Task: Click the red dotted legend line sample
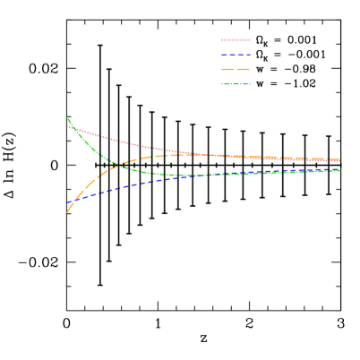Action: pyautogui.click(x=236, y=40)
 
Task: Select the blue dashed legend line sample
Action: pyautogui.click(x=236, y=55)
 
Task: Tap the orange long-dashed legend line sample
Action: pyautogui.click(x=236, y=69)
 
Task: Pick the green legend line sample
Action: pyautogui.click(x=236, y=84)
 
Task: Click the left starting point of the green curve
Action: pyautogui.click(x=67, y=117)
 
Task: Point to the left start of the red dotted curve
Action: pyautogui.click(x=67, y=126)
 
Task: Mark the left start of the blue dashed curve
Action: pyautogui.click(x=68, y=203)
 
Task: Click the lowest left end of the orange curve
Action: pyautogui.click(x=67, y=212)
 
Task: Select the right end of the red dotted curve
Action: pyautogui.click(x=339, y=161)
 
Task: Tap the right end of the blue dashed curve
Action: pyautogui.click(x=339, y=168)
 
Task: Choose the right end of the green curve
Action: pyautogui.click(x=339, y=170)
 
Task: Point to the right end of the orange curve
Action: pyautogui.click(x=339, y=160)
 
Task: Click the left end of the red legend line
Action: pyautogui.click(x=222, y=40)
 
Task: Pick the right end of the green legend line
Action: pyautogui.click(x=250, y=84)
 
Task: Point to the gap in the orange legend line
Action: pyautogui.click(x=236, y=69)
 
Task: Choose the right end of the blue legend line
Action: pyautogui.click(x=250, y=55)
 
